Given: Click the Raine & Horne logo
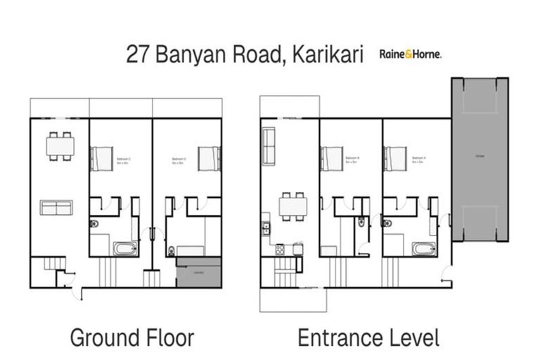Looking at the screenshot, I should [411, 53].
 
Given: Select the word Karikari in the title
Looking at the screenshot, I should [326, 55].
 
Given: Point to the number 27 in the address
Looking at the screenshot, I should [139, 55].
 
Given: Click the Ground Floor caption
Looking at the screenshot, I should [131, 337].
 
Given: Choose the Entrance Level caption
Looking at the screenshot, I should [368, 337].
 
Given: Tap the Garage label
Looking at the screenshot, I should [480, 155].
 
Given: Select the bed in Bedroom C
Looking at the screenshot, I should [101, 157].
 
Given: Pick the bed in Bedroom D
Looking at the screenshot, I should [210, 157].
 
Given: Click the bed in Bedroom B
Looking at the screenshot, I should [331, 157].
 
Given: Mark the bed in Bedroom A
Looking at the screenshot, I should [394, 157].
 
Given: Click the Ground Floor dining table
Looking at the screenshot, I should [60, 146].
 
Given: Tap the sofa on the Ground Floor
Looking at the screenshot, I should [56, 207].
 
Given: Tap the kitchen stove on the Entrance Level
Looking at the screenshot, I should [278, 249].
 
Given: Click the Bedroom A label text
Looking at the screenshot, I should [419, 160].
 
